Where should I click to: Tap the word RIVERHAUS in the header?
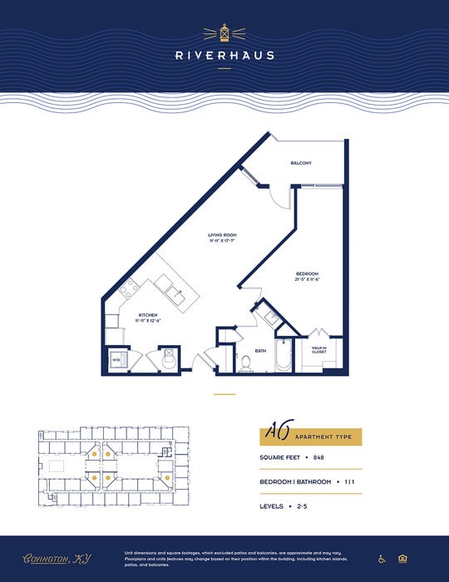tap(224, 56)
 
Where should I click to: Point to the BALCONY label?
tap(301, 163)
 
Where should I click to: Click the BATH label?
tap(260, 350)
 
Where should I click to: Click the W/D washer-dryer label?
tap(116, 360)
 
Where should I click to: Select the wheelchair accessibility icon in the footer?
tap(382, 559)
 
